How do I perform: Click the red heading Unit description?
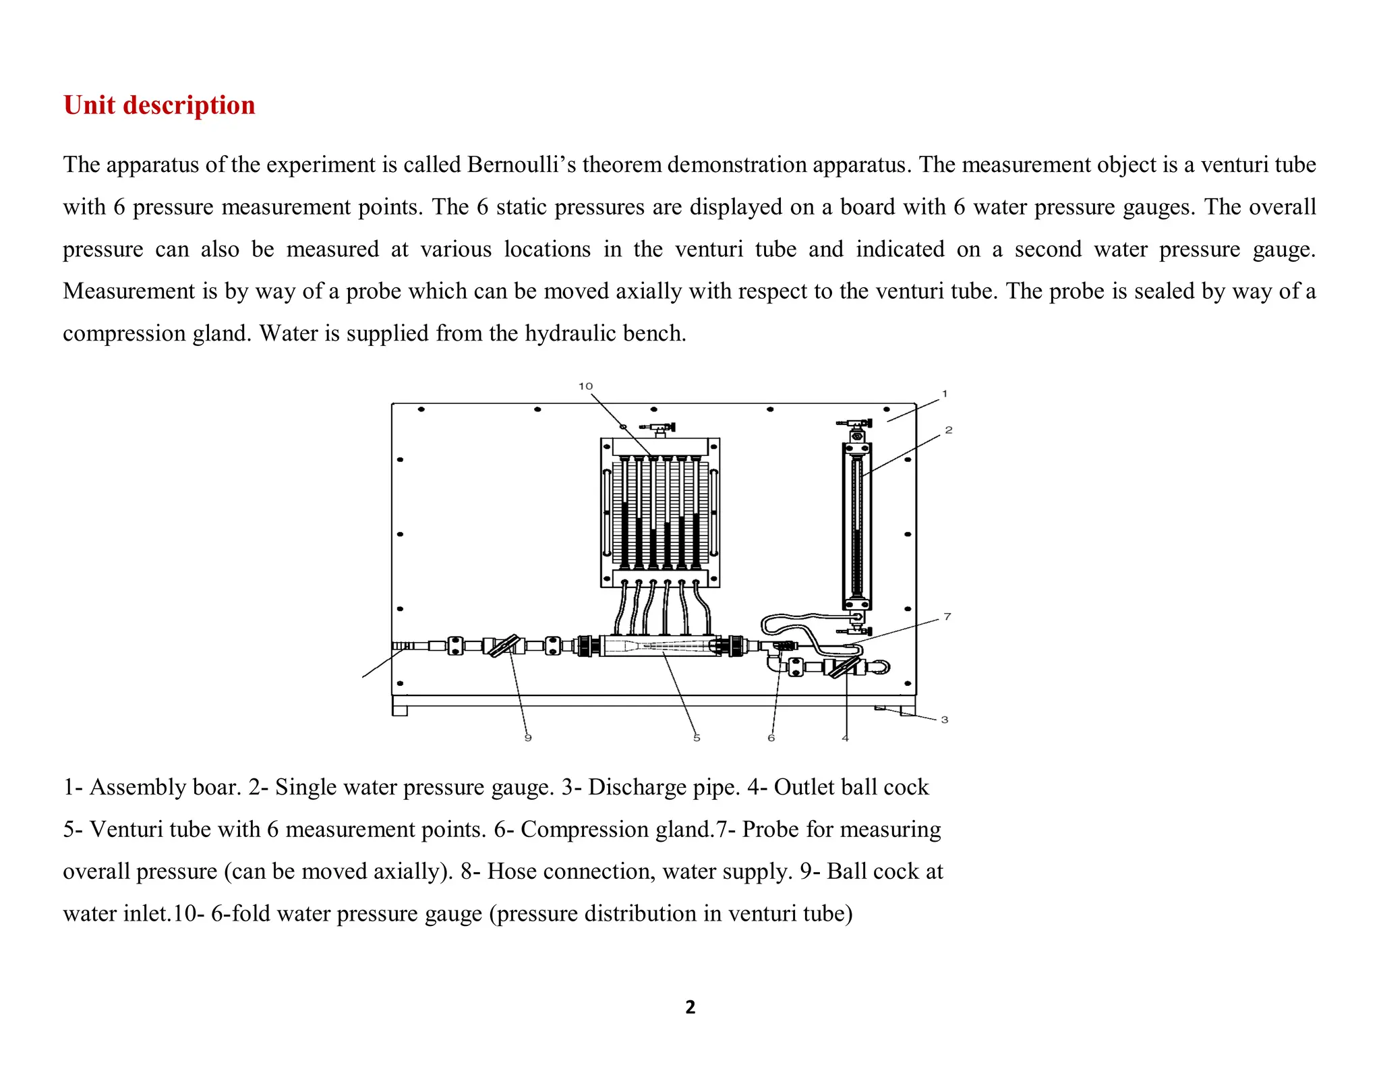point(159,106)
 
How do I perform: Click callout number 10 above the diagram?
point(585,386)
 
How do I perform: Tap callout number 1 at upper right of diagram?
point(945,393)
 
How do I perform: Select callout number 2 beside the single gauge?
point(948,430)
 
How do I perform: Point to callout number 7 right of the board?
point(947,616)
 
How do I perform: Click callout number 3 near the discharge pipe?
point(945,720)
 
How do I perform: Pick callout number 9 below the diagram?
point(528,738)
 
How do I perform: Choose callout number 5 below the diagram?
point(697,738)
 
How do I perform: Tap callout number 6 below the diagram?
point(771,738)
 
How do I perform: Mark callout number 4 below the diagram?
point(845,738)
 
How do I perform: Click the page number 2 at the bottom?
point(690,1007)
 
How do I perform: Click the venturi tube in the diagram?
point(661,646)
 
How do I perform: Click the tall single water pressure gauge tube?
point(856,526)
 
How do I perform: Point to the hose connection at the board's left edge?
point(403,646)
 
